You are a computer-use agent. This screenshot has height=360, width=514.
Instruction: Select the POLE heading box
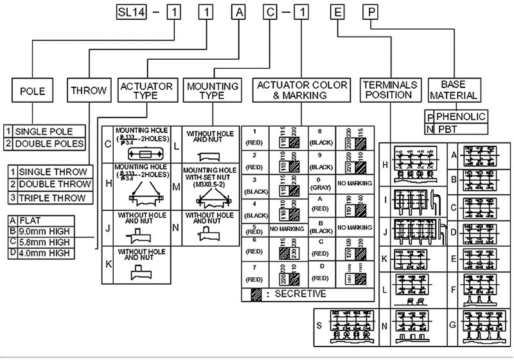pos(33,91)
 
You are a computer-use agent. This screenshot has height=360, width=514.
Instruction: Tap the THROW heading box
pos(89,91)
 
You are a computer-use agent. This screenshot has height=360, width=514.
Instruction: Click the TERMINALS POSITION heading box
pos(389,90)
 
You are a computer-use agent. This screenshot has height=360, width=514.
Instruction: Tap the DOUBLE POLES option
pos(44,142)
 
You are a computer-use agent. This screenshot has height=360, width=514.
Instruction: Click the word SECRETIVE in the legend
pos(301,294)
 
